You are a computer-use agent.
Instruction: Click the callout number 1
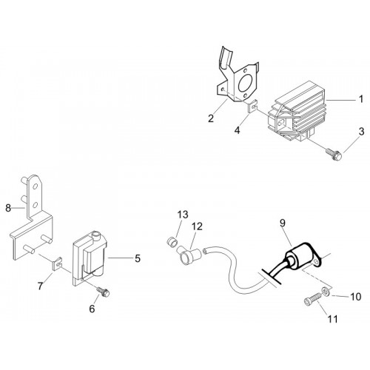coord(361,99)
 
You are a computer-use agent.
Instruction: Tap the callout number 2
coord(211,118)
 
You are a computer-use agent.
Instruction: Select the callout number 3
coord(361,132)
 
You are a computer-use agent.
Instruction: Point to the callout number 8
coord(8,208)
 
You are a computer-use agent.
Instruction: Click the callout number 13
coord(183,215)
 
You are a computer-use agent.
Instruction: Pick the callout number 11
coord(332,319)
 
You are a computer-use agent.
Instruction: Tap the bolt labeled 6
coord(103,292)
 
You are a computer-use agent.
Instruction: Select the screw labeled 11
coord(312,300)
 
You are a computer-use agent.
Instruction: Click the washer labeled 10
coord(326,292)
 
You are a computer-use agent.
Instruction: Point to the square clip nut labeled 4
coord(252,107)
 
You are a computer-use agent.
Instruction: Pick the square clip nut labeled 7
coord(57,263)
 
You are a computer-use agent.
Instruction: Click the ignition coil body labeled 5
coord(90,259)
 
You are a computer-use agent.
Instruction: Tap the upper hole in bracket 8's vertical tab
coord(36,186)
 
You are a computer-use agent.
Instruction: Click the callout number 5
coord(138,258)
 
